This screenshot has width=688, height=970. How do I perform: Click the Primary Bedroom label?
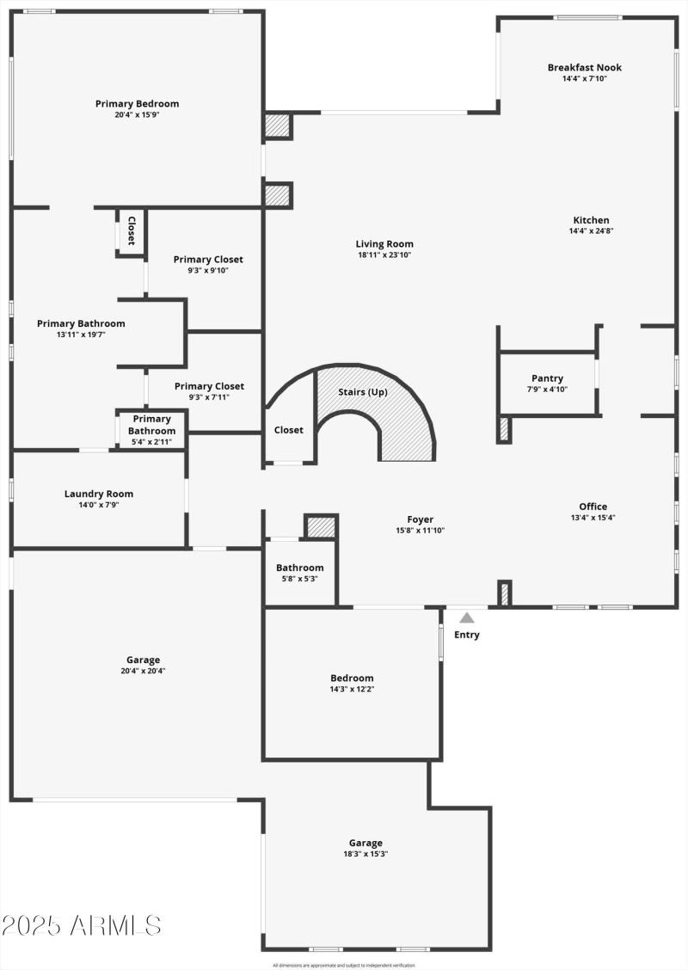coord(138,103)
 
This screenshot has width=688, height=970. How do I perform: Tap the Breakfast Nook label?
coord(584,67)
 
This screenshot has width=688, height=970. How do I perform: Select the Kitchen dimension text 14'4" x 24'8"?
coord(591,230)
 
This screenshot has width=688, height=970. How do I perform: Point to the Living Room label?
coord(385,243)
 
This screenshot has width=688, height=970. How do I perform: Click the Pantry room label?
coord(547,378)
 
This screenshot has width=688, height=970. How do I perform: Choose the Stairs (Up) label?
coord(362,392)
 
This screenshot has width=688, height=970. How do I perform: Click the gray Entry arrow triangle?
coord(466,617)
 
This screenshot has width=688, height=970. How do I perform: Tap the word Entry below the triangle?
coord(466,635)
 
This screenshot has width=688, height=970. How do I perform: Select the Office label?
coord(593,506)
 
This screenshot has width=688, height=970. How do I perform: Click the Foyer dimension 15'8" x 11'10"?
coord(421,530)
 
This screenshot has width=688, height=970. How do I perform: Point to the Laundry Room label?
coord(99,494)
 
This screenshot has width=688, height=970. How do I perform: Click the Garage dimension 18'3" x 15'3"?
coord(365,853)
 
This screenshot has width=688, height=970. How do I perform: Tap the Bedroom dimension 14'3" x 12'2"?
coord(352,688)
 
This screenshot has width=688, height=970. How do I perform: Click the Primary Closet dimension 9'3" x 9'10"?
coord(208,270)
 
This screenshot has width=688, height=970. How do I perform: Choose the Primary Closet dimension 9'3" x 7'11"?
coord(209,397)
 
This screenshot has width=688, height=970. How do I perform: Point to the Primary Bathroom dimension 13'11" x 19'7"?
coord(81,335)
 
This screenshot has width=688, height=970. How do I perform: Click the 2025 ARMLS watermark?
coord(82,925)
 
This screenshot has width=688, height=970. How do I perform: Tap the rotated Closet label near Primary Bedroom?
coord(132,230)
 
